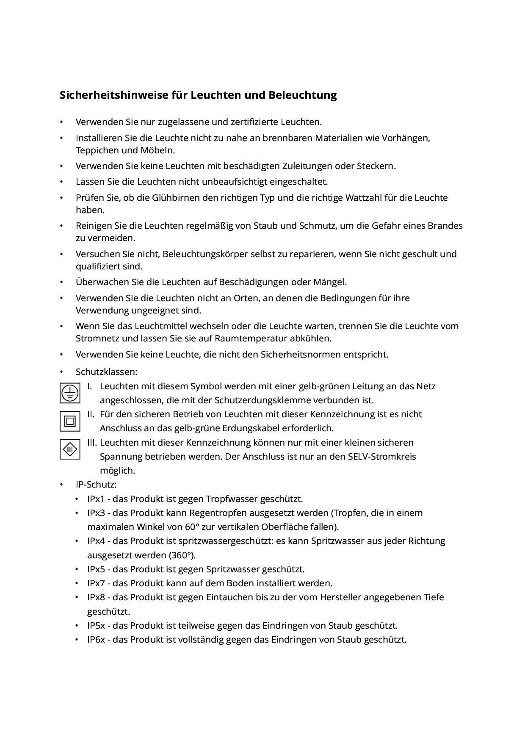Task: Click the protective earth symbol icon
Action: tap(70, 393)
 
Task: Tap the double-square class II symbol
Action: tap(70, 421)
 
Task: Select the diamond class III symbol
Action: tap(70, 449)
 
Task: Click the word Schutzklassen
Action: tap(106, 372)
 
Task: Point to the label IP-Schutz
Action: tap(96, 484)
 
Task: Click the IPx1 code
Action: tap(96, 499)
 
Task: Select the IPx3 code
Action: tap(96, 513)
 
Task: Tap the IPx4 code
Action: tap(96, 541)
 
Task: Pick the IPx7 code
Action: tap(96, 583)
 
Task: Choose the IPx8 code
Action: tap(96, 597)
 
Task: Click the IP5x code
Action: tap(96, 625)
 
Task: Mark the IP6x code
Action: tap(96, 640)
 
